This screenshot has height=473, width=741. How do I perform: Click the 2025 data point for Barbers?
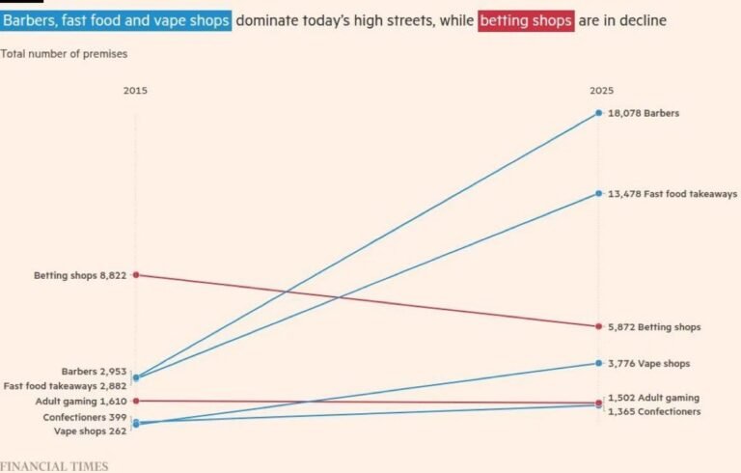(x=599, y=113)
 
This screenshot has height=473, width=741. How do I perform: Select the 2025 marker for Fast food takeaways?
(x=599, y=193)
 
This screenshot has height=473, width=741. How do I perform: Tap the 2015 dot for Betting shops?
(x=136, y=275)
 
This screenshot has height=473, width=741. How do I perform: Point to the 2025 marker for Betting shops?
(x=599, y=326)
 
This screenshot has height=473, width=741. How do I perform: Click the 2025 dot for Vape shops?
(x=599, y=363)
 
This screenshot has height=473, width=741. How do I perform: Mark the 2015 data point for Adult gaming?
(x=136, y=402)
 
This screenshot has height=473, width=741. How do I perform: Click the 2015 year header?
(x=135, y=91)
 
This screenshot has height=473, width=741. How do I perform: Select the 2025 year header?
(x=601, y=91)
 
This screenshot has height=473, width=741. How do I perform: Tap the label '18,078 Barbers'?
(x=644, y=114)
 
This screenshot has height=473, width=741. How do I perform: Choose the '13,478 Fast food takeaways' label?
(x=672, y=194)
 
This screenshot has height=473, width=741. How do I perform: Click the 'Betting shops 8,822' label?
(x=80, y=275)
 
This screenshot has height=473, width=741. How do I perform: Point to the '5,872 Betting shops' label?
(x=654, y=327)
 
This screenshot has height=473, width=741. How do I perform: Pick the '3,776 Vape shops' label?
(x=648, y=364)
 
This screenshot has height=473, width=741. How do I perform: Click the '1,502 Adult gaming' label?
(x=653, y=398)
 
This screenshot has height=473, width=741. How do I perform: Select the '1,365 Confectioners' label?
(x=654, y=411)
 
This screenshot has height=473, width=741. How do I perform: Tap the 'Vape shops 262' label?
(x=91, y=431)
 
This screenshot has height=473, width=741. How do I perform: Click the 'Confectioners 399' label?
(x=85, y=417)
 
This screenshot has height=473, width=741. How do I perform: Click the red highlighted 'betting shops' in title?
(x=526, y=21)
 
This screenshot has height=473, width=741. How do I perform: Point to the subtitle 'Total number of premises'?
(x=64, y=54)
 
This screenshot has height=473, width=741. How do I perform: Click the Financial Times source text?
(x=54, y=466)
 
